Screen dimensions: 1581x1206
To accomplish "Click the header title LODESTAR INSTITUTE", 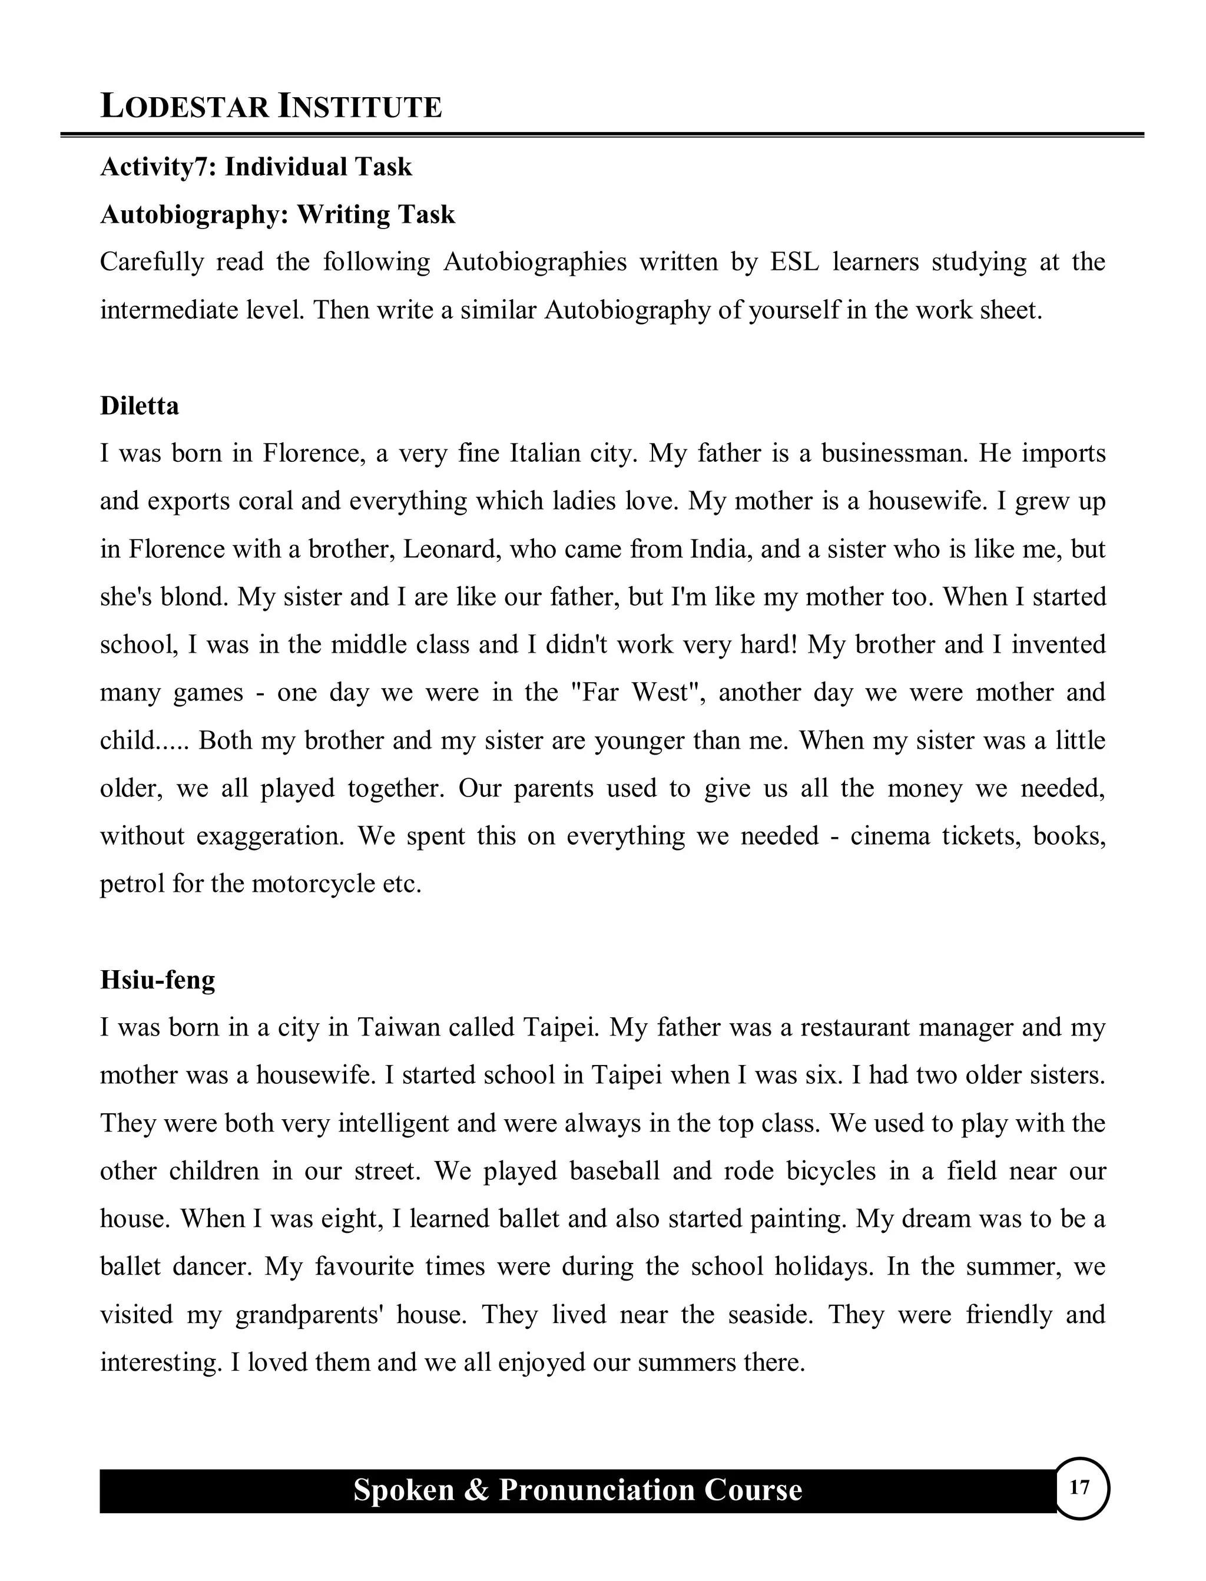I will (271, 106).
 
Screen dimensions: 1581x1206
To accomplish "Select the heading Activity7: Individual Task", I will (256, 167).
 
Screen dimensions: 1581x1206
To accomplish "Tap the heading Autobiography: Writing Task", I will (278, 214).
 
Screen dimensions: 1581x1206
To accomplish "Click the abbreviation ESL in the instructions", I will (794, 262).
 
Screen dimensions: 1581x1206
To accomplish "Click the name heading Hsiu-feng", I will (157, 980).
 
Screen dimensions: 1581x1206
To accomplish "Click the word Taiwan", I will (397, 1027).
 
